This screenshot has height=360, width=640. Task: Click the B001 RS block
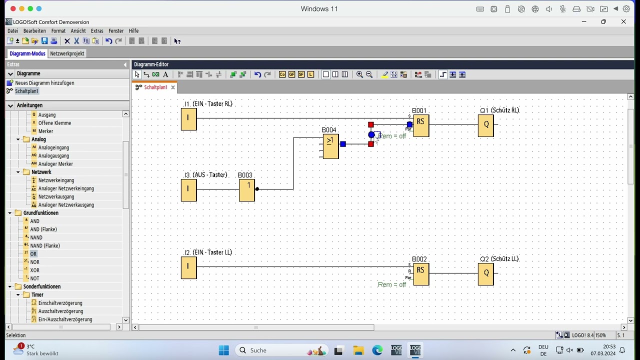(421, 125)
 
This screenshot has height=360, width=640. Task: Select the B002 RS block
(421, 274)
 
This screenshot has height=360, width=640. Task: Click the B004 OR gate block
(330, 146)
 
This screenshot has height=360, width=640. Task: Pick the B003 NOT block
(247, 190)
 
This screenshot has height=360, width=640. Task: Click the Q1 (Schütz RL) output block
(485, 125)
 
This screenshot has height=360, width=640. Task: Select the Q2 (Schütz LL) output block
(485, 274)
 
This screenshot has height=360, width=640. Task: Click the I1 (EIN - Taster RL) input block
(188, 119)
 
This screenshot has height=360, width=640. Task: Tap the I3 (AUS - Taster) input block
(188, 190)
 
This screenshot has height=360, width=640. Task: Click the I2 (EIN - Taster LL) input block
(188, 267)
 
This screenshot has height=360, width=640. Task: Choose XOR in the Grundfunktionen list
(34, 270)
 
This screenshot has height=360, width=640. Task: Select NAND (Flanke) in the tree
(44, 245)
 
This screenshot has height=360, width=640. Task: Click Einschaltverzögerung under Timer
(60, 303)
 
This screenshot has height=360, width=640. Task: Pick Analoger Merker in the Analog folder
(55, 164)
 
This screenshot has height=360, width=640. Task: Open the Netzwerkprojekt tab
(67, 53)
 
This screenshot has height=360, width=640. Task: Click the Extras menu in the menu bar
(97, 31)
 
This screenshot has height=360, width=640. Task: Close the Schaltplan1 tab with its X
(173, 87)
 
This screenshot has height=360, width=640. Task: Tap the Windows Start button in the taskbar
(223, 350)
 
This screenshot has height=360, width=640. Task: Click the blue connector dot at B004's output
(342, 144)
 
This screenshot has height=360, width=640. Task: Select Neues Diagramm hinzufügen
(44, 83)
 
